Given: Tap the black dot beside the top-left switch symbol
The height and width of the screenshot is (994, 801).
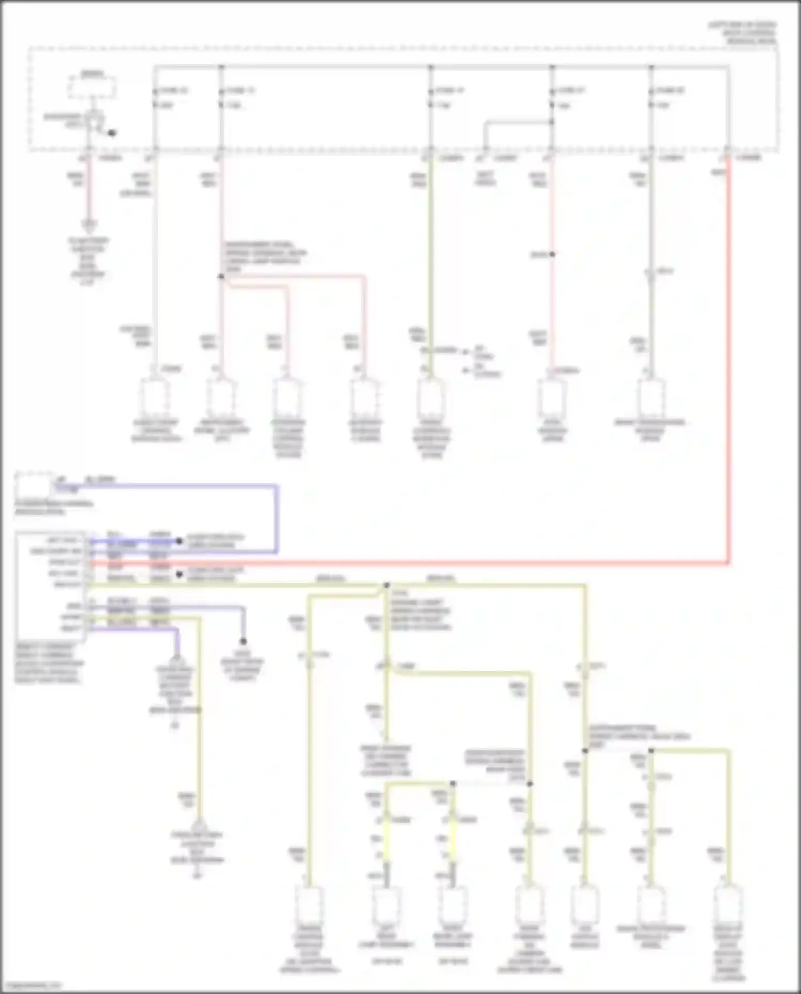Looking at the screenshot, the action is [x=112, y=133].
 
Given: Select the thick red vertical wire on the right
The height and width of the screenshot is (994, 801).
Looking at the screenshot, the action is [x=728, y=363].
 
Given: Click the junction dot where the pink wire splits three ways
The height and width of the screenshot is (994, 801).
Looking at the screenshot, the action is [x=221, y=276].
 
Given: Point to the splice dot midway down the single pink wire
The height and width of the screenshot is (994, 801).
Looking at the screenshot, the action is [x=552, y=254].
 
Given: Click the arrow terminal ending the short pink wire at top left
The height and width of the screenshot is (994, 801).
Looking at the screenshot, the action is [x=89, y=225].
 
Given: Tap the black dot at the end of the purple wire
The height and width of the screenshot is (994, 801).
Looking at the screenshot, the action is [x=243, y=641].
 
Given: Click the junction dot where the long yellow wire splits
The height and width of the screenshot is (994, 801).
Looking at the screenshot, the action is [x=387, y=585].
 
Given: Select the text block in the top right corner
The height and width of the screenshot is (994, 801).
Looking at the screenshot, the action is [x=742, y=33].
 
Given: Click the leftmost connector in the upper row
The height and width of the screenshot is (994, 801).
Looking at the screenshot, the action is [x=155, y=398].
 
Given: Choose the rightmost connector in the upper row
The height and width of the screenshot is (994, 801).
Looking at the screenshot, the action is [x=650, y=398].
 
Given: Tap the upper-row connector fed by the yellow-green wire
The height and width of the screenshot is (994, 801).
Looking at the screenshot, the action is [x=431, y=398].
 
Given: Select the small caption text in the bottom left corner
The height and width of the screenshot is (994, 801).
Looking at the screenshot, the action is [x=32, y=985].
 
